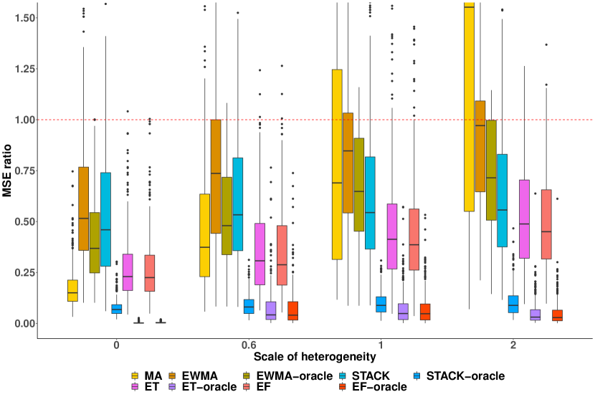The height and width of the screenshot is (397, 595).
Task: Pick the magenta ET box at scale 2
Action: click(x=524, y=219)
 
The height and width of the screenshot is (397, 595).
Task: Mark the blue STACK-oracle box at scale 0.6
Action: click(x=249, y=306)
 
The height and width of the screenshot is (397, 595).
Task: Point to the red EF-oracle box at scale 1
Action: click(x=425, y=312)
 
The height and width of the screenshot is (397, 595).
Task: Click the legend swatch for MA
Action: click(x=135, y=376)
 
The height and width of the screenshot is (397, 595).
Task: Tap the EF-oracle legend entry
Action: click(x=379, y=387)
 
